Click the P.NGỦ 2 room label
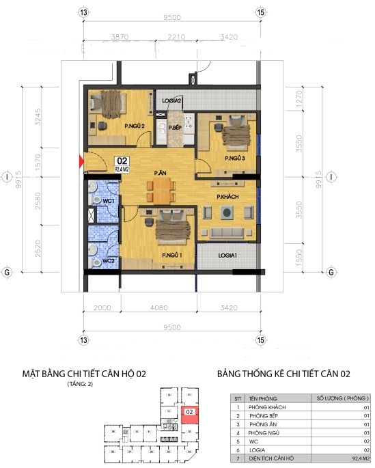tap(133, 126)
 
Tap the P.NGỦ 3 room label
tap(234, 159)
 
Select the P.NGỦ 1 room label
tap(171, 256)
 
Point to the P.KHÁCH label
tap(227, 197)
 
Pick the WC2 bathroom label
tap(108, 260)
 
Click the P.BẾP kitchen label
tap(174, 128)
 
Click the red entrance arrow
tap(83, 162)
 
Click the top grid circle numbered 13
tap(83, 12)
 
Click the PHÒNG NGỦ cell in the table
tap(263, 433)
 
